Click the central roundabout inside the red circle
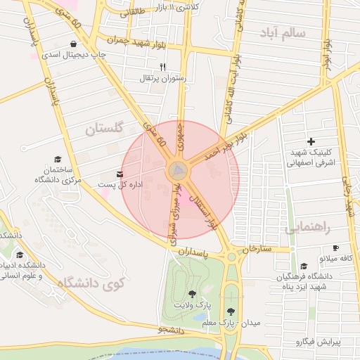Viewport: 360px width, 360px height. tap(178, 171)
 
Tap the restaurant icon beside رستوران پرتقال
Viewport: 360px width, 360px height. tap(163, 67)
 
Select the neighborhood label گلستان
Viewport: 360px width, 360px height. tap(104, 128)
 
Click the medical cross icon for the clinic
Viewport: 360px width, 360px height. tap(311, 141)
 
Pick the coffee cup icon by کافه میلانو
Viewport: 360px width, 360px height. tap(335, 247)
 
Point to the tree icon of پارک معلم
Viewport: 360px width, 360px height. tap(230, 310)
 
